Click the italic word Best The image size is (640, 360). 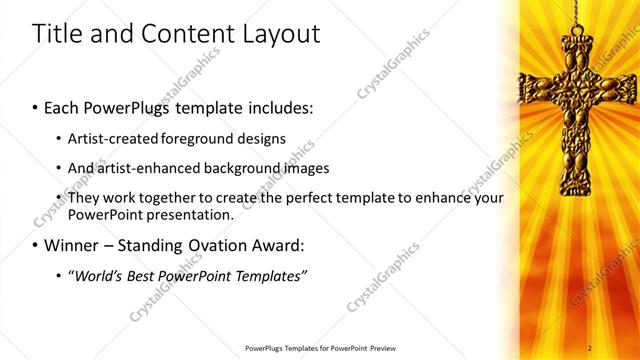pos(142,275)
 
